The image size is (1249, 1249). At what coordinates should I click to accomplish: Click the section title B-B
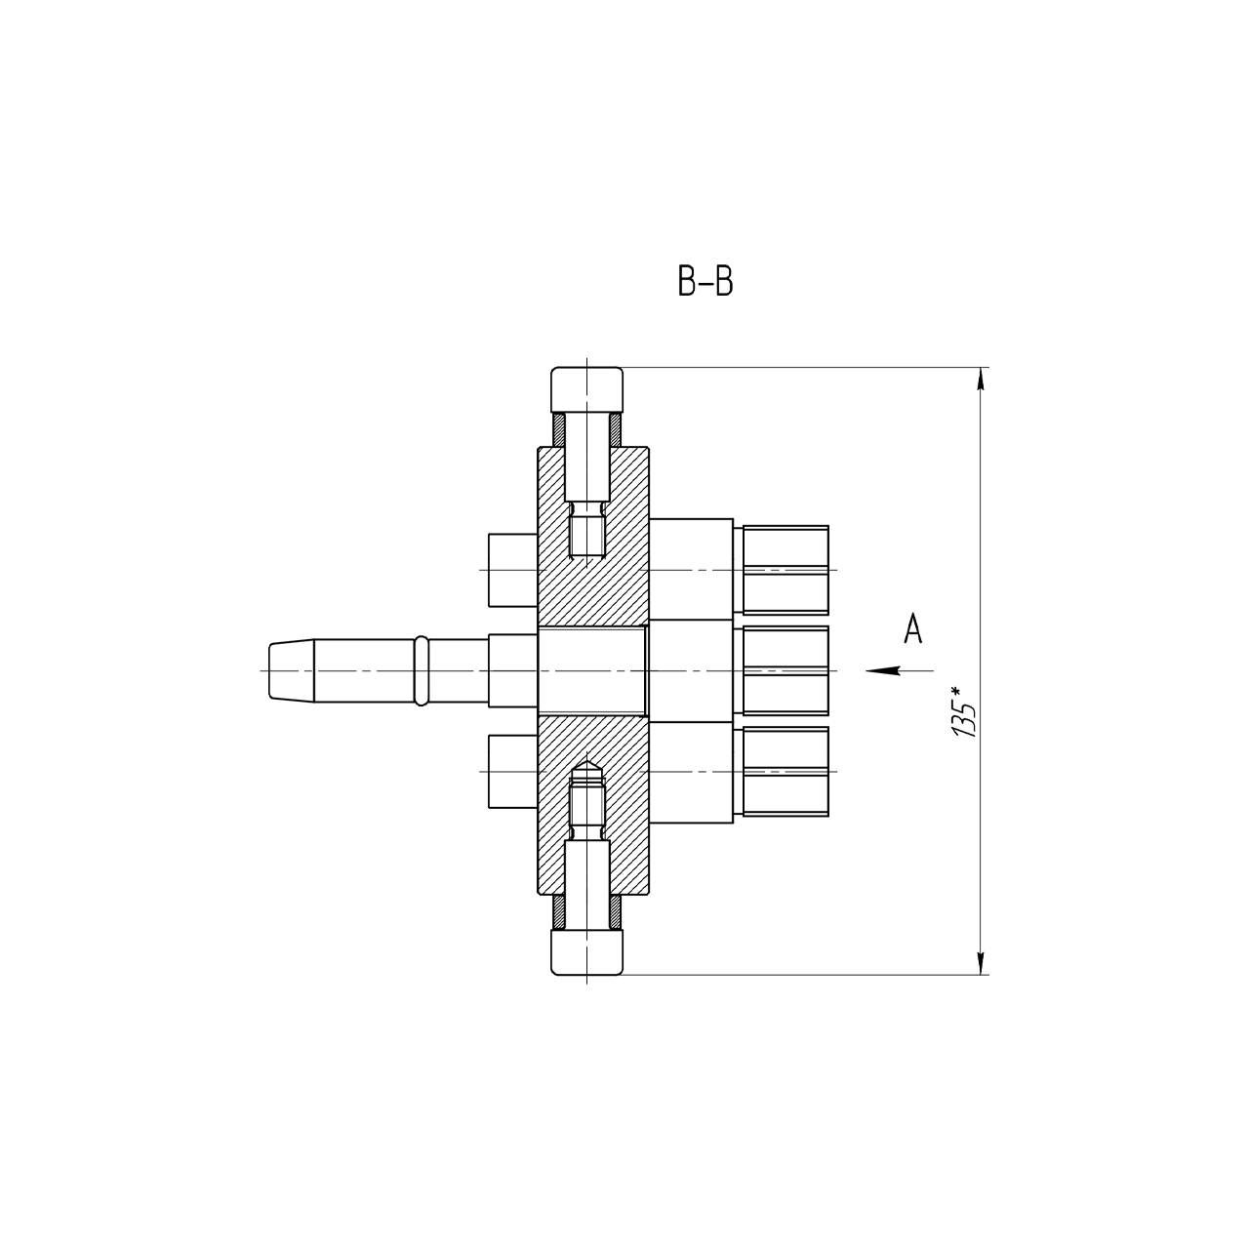[705, 281]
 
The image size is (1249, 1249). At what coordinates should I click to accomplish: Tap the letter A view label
[912, 628]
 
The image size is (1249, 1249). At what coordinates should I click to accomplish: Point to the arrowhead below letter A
[883, 670]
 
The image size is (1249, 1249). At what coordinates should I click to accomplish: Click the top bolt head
[586, 390]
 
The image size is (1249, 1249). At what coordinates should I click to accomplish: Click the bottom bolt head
[586, 952]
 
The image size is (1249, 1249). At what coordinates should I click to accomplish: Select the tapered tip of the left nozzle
[292, 670]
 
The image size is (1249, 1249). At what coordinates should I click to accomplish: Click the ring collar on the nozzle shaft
[421, 670]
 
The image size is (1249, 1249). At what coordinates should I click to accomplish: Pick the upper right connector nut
[785, 570]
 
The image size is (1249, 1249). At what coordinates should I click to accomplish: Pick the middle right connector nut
[785, 670]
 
